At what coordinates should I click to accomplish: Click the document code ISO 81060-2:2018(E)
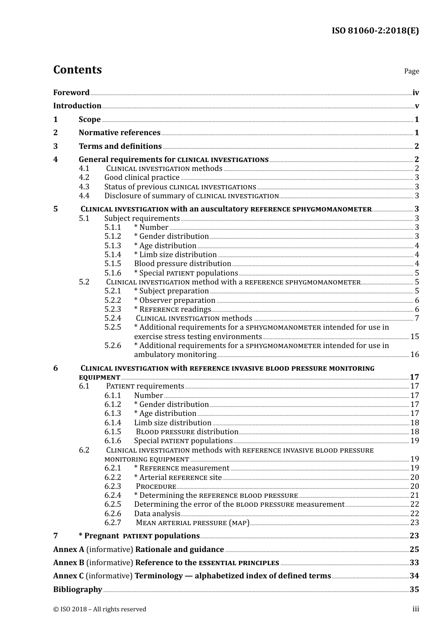(x=375, y=31)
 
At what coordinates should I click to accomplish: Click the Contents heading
(x=77, y=70)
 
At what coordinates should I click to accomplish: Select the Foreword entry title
(x=71, y=92)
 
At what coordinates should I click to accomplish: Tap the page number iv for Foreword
(x=415, y=92)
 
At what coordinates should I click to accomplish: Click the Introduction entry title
(x=77, y=105)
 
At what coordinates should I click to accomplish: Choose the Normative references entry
(x=120, y=132)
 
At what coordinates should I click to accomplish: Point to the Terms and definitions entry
(x=120, y=146)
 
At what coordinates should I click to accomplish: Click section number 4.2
(x=84, y=178)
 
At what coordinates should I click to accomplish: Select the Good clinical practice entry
(x=142, y=178)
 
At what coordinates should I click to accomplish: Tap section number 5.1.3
(x=112, y=245)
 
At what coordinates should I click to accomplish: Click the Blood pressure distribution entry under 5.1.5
(x=183, y=264)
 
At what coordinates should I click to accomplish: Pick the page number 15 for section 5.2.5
(x=415, y=336)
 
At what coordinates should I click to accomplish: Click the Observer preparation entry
(x=175, y=300)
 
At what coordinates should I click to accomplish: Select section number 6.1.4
(x=112, y=422)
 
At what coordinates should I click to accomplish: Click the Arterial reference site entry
(x=178, y=477)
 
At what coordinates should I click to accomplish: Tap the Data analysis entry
(x=157, y=513)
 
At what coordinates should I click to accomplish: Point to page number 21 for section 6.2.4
(x=415, y=495)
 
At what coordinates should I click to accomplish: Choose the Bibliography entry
(x=78, y=589)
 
